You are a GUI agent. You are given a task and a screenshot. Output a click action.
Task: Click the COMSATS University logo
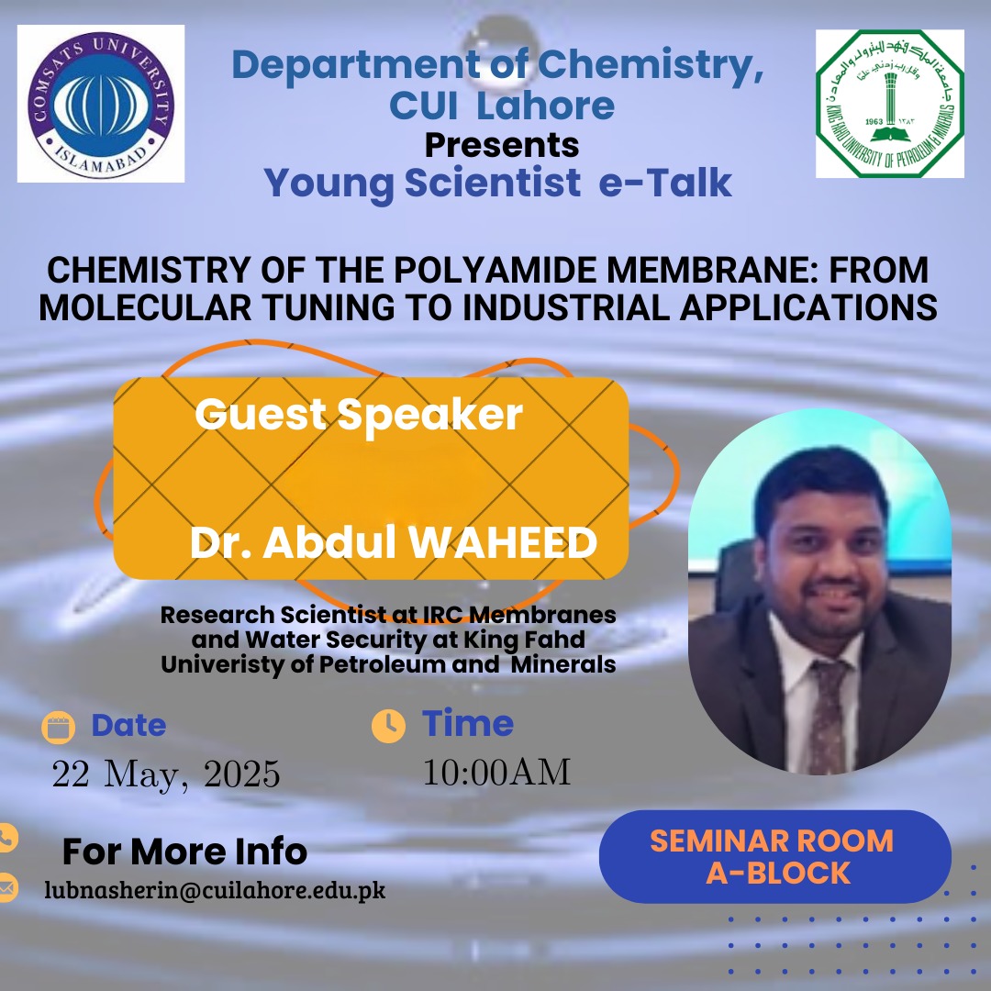coord(101,104)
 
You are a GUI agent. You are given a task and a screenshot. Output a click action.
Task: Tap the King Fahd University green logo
coord(890,104)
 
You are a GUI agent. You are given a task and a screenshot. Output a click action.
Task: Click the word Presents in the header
coord(502,145)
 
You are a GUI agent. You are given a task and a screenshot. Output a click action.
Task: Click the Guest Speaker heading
coord(359,416)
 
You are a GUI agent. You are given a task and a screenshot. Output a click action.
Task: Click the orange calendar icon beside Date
coord(58,727)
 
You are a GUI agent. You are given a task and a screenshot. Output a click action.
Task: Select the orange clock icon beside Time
coord(389,726)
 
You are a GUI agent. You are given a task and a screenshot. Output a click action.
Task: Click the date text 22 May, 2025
coord(165,774)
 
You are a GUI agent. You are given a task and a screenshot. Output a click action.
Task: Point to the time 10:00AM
coord(496,772)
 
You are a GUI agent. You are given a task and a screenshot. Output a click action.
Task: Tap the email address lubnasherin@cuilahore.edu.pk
coord(215,890)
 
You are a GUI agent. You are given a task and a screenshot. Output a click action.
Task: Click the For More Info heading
coord(184,851)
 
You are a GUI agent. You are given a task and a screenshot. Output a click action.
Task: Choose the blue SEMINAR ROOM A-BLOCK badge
coord(774,856)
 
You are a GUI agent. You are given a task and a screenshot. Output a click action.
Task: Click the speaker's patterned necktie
coord(828,717)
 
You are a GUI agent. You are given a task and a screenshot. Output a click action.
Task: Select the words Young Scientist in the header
coord(422,183)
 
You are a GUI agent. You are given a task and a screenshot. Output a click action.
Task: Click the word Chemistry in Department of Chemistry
coord(651,65)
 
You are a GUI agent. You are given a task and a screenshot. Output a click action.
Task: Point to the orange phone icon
coord(6,838)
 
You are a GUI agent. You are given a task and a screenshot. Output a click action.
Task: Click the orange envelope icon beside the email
coord(6,887)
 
